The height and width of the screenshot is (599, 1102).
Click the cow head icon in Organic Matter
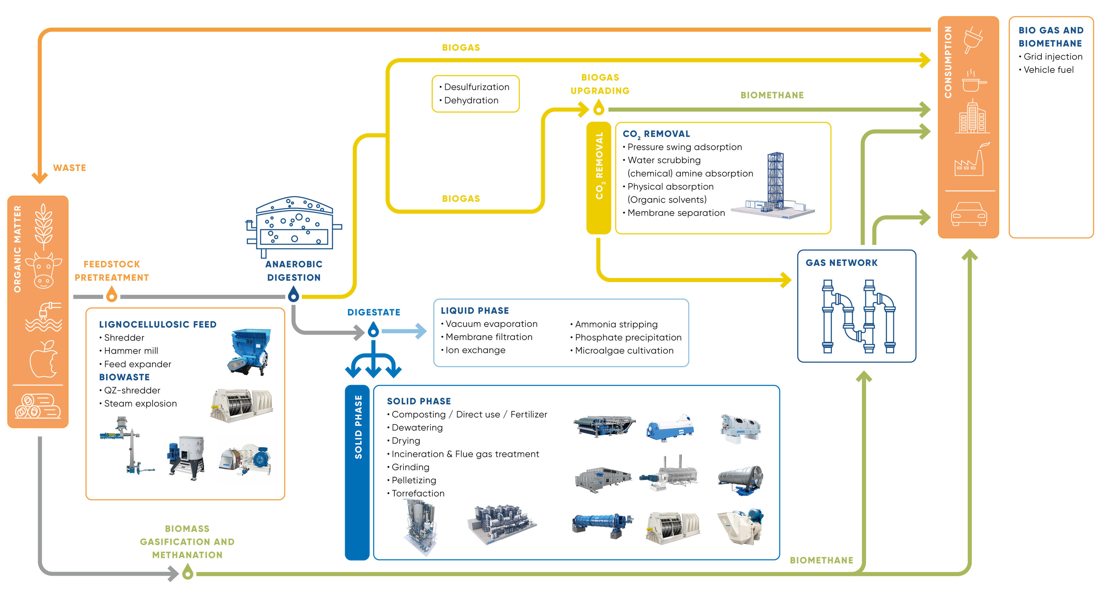(43, 270)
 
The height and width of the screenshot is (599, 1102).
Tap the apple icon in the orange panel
(43, 359)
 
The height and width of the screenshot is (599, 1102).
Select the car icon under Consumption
(969, 214)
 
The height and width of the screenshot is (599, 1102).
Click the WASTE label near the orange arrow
(69, 168)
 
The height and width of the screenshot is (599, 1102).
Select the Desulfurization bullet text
(477, 87)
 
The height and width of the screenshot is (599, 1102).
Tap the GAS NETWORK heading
(841, 263)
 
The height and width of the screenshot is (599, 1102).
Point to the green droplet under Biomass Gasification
(187, 572)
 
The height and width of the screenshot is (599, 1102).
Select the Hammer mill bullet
(131, 351)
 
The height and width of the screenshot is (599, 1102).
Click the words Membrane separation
(676, 213)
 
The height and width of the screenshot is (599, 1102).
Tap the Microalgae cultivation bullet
(624, 350)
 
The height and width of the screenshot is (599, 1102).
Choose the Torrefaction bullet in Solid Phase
(418, 493)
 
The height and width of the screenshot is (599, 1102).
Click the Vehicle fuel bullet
(1048, 70)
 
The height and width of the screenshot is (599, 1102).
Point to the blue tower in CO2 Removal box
(775, 180)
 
